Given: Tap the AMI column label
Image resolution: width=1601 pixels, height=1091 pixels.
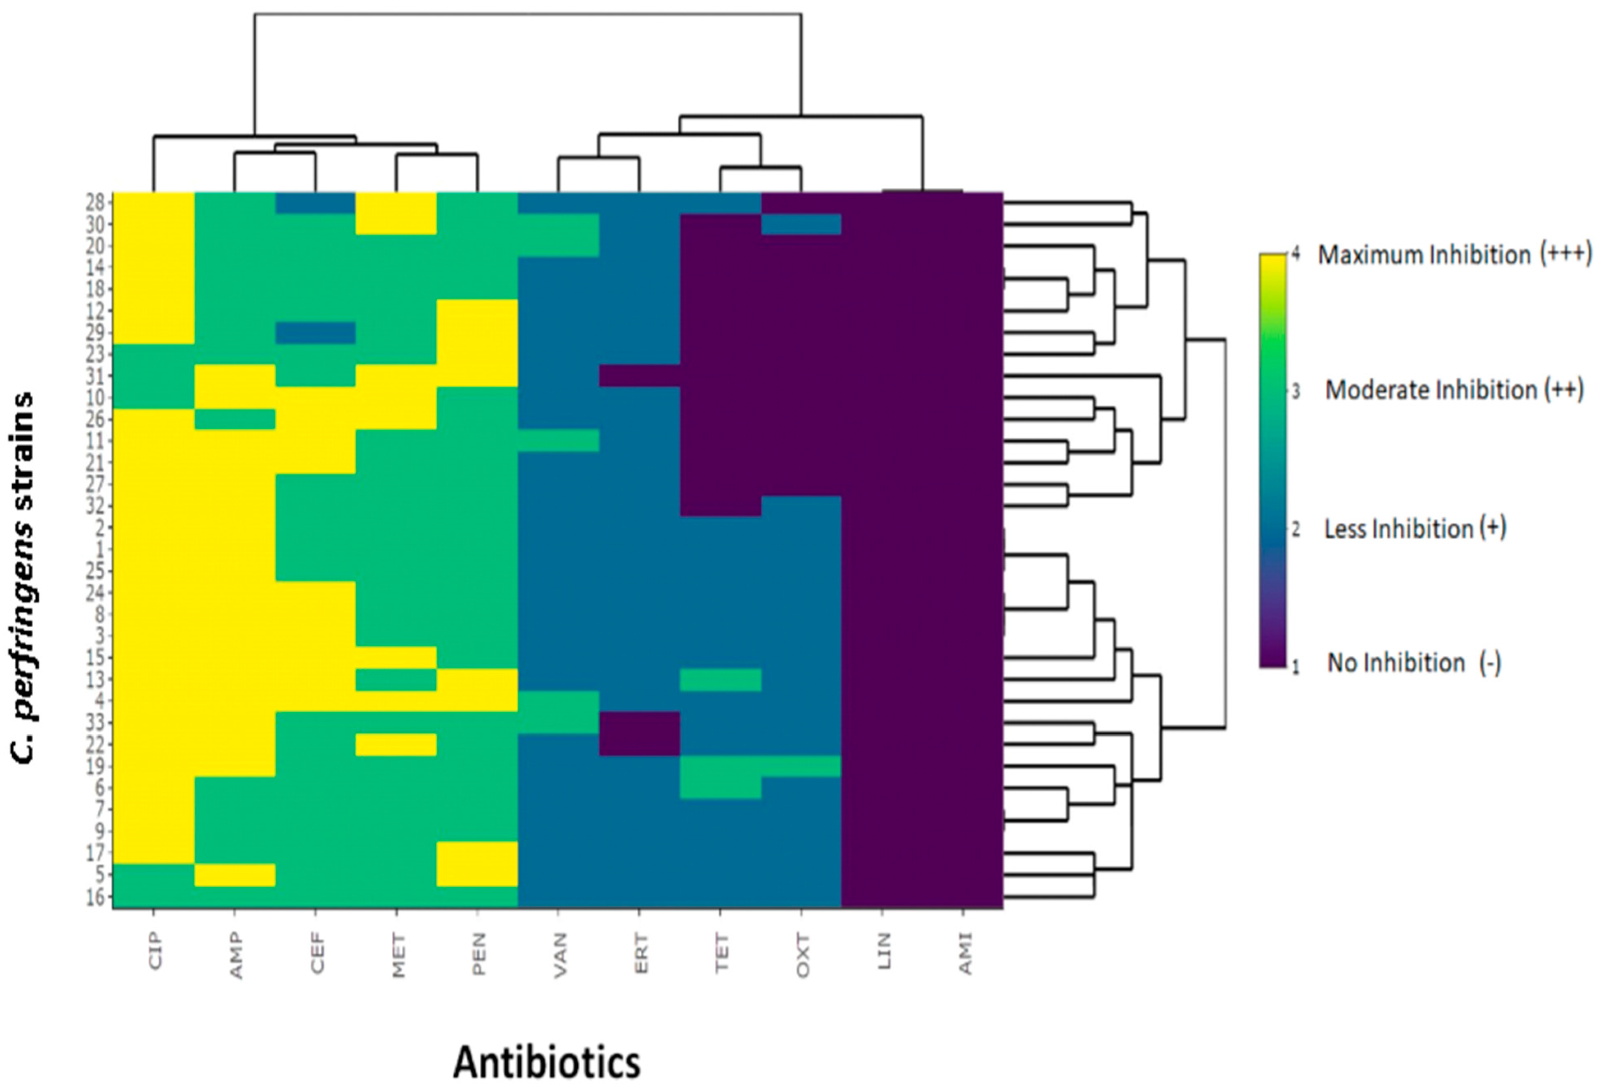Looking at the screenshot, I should point(965,953).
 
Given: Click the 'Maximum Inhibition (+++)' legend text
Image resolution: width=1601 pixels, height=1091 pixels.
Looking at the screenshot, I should point(1455,255).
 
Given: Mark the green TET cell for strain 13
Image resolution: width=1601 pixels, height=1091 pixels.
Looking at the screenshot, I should point(720,680).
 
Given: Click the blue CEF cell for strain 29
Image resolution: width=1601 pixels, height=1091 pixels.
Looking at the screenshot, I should point(315,333).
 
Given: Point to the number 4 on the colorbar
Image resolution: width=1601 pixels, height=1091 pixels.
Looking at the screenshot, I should point(1296,255).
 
